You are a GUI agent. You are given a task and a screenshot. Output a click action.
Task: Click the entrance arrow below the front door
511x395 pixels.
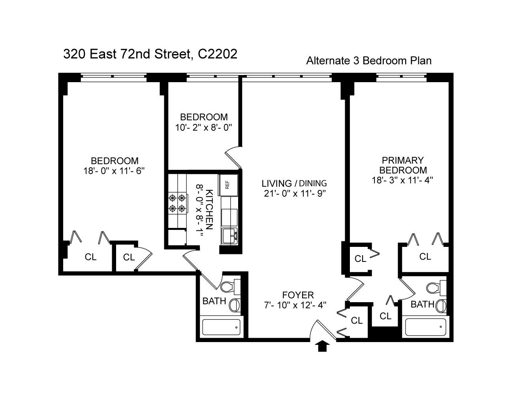coord(323,346)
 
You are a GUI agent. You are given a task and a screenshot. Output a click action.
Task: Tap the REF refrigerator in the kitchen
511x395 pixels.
coord(228,184)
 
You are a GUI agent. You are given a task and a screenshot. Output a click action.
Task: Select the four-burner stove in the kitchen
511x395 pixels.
coord(177,202)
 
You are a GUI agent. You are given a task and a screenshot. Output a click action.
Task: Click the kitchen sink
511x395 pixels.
coord(229,236)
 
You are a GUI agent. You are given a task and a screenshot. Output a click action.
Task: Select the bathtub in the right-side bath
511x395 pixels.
coord(425,327)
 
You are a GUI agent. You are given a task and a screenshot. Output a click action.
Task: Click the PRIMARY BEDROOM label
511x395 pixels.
coord(402,165)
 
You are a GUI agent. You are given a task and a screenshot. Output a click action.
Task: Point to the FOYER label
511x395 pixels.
coord(298,295)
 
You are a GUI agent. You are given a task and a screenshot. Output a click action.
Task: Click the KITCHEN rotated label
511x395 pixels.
coord(209,210)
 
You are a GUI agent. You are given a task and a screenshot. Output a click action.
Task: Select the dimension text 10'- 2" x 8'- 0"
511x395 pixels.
coord(203,128)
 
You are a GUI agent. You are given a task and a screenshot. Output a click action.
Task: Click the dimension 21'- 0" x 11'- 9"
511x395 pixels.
coord(294,194)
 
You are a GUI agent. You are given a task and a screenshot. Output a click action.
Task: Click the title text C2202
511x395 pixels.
coord(218,54)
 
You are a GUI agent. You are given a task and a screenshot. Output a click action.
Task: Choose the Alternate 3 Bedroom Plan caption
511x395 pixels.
coord(368,61)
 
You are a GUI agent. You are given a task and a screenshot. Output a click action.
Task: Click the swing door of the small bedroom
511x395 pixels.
coord(234,157)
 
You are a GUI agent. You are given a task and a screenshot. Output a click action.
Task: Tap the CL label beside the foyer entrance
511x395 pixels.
coord(357,320)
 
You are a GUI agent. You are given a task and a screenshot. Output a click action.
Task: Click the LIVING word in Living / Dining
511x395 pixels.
coord(276,183)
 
